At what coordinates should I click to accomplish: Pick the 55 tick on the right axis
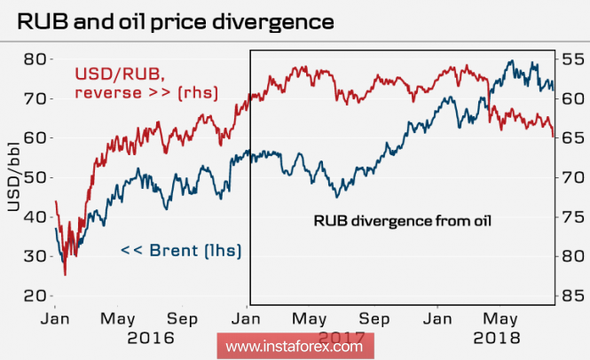coord(572,59)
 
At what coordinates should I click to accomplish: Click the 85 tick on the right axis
coord(572,295)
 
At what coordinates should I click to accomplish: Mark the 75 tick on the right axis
coord(572,216)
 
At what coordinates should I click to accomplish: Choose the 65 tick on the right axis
coord(572,138)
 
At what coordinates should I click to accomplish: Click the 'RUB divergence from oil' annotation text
coord(401,219)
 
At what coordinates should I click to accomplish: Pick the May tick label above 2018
coord(501,317)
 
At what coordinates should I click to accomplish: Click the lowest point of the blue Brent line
coord(64,275)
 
